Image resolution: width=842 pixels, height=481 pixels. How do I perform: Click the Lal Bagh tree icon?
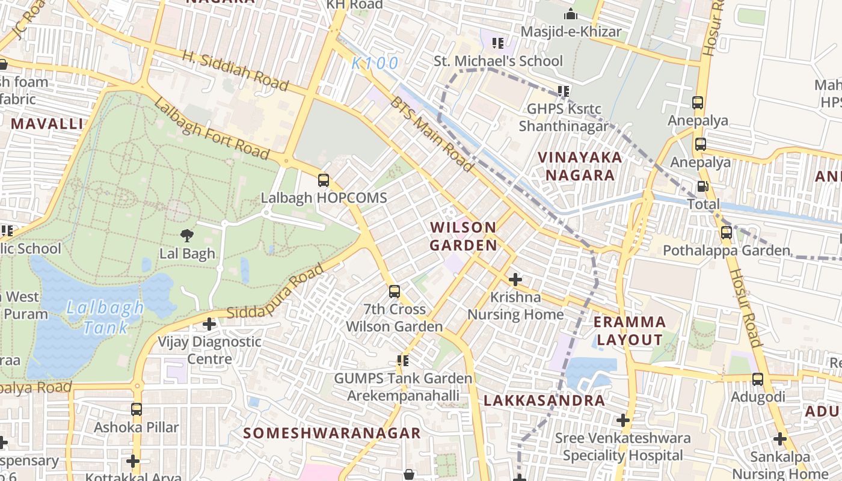[x=187, y=236]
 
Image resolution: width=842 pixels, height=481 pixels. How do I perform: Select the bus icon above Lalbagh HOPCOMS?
[x=324, y=180]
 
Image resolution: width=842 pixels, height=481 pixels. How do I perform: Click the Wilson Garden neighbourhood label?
[x=463, y=236]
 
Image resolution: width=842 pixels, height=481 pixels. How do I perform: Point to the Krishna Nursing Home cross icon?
[x=515, y=280]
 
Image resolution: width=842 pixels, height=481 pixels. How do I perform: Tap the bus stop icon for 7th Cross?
[x=395, y=292]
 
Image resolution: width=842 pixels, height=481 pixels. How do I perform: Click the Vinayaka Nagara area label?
[x=580, y=166]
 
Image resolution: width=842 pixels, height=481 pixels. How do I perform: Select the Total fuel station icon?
[x=702, y=186]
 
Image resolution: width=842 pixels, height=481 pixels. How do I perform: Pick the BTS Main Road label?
[x=432, y=133]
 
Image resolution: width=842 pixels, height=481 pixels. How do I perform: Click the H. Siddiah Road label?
[x=235, y=70]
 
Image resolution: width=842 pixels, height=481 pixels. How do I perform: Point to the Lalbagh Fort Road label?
[x=210, y=129]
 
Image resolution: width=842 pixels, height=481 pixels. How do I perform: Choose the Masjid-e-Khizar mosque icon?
[x=570, y=14]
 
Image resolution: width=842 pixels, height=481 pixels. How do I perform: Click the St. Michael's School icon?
[x=498, y=43]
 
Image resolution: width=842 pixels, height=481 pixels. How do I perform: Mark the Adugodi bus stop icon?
[x=758, y=379]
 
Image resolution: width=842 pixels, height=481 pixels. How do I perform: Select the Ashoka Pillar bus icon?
[x=137, y=409]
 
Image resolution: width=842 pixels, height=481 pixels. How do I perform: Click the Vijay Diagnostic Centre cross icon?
[x=209, y=324]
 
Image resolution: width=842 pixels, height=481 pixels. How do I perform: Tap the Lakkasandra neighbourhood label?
[x=544, y=400]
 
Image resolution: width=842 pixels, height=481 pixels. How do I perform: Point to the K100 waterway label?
[x=375, y=63]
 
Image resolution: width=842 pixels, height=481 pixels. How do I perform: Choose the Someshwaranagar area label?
[x=332, y=433]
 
